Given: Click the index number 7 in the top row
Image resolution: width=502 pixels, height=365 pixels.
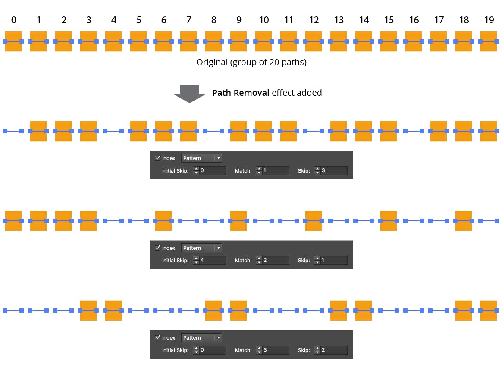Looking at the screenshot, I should tap(188, 20).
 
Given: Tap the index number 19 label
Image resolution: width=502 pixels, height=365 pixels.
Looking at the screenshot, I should tap(489, 20).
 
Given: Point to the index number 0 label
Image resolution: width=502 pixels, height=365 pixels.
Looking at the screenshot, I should tap(13, 20).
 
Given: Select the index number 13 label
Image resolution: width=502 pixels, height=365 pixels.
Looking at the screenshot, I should tap(339, 20).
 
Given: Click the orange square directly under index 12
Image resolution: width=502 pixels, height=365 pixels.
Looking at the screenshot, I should tap(314, 41).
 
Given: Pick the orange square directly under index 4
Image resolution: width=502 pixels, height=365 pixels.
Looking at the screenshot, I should tap(113, 41).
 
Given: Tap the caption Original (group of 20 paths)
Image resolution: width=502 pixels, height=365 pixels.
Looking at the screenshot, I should tap(251, 62).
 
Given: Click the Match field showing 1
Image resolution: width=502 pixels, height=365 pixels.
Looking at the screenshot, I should tap(275, 171).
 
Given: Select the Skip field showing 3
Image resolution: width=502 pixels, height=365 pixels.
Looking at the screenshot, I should tap(334, 171).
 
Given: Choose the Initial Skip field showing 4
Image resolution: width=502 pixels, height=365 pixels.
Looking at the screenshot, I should tap(212, 261).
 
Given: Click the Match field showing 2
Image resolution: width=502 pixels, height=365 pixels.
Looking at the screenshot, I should tap(275, 261).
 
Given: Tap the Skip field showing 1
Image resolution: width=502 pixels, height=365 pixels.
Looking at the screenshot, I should tap(334, 261).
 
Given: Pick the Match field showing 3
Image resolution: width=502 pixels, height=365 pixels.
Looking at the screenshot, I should tap(275, 350).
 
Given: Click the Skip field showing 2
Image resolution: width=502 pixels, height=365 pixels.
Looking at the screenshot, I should tap(334, 350).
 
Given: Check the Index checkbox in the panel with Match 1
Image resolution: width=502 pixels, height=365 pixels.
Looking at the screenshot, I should tap(157, 158).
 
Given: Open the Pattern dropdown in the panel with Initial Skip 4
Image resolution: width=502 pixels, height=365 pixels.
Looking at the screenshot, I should tap(201, 248).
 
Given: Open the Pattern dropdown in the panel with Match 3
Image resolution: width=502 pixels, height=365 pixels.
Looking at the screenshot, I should tap(201, 338).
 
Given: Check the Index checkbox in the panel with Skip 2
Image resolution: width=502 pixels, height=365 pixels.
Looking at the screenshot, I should tap(157, 338).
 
